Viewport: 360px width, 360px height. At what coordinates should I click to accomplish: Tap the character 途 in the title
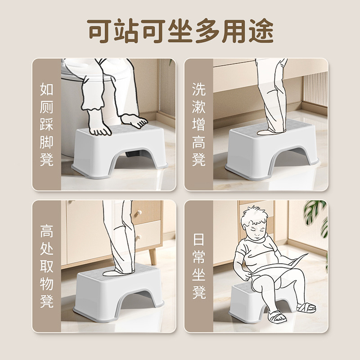(x=259, y=31)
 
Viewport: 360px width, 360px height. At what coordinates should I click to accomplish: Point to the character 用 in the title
(x=228, y=31)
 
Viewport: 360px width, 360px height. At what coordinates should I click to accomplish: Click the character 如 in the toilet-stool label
(x=47, y=89)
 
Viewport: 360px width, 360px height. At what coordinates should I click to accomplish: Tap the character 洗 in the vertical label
(x=199, y=89)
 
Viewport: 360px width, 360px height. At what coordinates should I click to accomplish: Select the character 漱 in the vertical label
(x=199, y=107)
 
